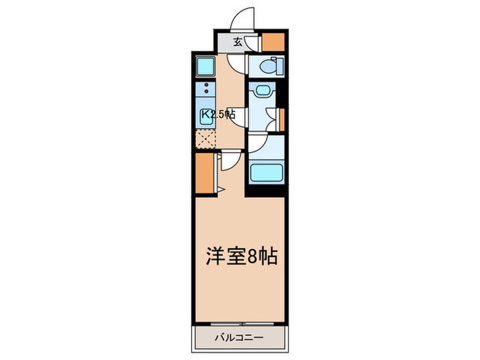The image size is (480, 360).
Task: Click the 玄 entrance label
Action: coord(237,43)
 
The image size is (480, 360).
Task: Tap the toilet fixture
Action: coord(268,67)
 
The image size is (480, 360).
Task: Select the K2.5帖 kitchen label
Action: coord(218,115)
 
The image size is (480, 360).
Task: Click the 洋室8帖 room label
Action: coord(241,256)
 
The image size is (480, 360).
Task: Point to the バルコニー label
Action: coord(240,338)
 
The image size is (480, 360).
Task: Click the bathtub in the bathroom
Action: coord(266,171)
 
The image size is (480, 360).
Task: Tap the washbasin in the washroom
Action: coord(261,91)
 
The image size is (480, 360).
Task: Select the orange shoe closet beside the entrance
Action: coord(274,43)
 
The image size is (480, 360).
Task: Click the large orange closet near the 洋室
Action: coord(204,174)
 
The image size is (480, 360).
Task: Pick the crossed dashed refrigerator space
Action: coord(205,139)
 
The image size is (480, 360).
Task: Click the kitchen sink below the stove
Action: coord(206,115)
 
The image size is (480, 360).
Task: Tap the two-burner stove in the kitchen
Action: coord(206,89)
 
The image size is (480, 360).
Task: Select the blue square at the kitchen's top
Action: coord(206,66)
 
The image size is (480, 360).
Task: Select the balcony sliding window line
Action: coord(240,322)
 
